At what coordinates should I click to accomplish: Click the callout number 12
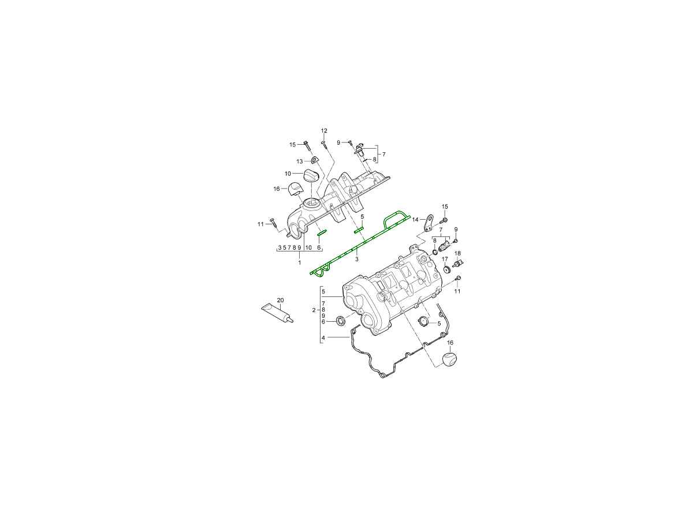click(324, 131)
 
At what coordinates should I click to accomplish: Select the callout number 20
click(280, 300)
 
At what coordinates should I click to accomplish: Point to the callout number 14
click(415, 219)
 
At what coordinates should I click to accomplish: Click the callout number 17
click(445, 259)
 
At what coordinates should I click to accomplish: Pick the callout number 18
click(457, 253)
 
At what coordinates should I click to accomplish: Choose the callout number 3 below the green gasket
click(357, 259)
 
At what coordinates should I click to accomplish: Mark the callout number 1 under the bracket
click(299, 262)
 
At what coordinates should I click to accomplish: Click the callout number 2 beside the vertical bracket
click(314, 310)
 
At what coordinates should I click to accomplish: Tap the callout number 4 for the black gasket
click(323, 338)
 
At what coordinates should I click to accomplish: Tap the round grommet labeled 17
click(446, 270)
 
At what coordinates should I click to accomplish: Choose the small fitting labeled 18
click(457, 263)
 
